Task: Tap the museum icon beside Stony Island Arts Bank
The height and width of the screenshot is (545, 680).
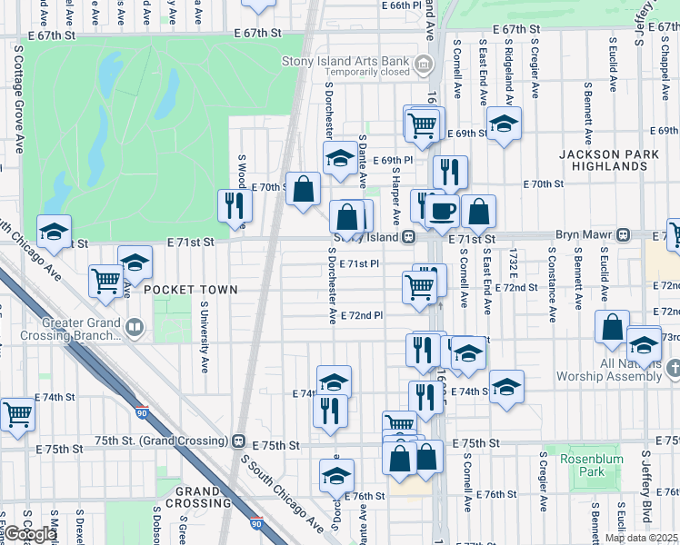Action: pyautogui.click(x=423, y=64)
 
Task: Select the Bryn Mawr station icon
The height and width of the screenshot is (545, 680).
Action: pyautogui.click(x=624, y=235)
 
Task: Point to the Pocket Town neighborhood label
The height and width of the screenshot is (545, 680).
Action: pyautogui.click(x=190, y=290)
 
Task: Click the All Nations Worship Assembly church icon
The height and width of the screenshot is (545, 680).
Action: pyautogui.click(x=672, y=369)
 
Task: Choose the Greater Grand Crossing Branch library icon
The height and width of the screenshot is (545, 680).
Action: pyautogui.click(x=135, y=326)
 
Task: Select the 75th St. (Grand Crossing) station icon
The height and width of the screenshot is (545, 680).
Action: pyautogui.click(x=238, y=441)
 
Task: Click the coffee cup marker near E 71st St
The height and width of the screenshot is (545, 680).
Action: pyautogui.click(x=442, y=210)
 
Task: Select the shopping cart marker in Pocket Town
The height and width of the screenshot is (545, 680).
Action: pyautogui.click(x=106, y=281)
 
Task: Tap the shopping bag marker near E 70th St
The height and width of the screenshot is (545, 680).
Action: pyautogui.click(x=304, y=189)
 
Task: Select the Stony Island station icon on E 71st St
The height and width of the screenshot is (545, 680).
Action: pyautogui.click(x=409, y=237)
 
